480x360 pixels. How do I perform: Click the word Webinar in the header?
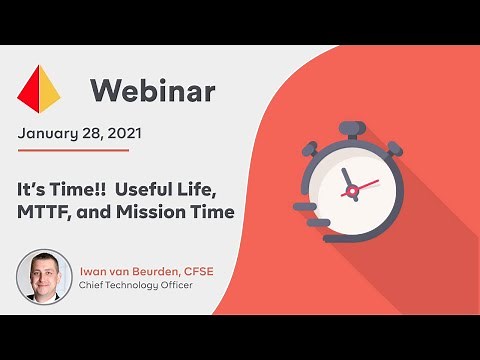coord(152,91)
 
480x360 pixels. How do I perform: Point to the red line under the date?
coord(73,150)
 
